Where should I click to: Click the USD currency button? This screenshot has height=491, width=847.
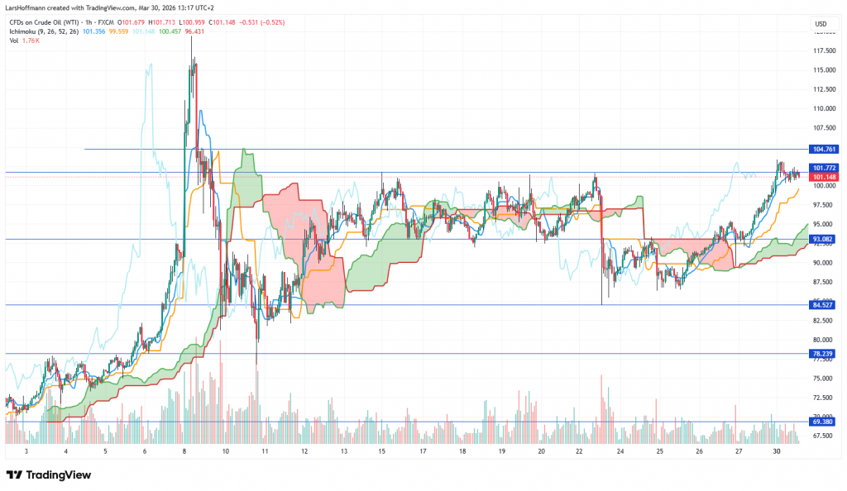point(821,23)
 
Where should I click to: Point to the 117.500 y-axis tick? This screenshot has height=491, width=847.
point(822,50)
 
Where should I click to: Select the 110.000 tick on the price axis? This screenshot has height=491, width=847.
point(822,108)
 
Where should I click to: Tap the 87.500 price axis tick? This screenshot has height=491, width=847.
point(822,282)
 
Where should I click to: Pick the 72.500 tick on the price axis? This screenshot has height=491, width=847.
point(822,398)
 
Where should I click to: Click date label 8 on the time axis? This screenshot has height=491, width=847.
point(184,451)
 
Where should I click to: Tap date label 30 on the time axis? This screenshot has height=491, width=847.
point(777,451)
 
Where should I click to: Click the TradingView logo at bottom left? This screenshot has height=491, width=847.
point(50,475)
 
